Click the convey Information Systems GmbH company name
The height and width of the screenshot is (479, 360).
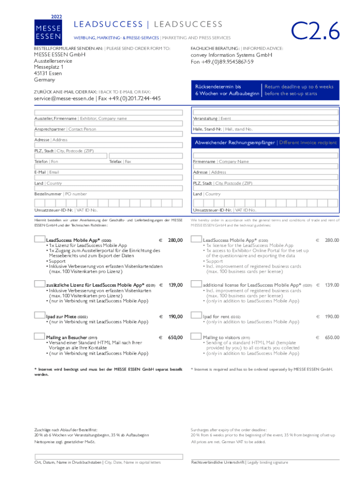(x=231, y=55)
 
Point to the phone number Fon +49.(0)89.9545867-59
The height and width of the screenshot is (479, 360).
(x=222, y=62)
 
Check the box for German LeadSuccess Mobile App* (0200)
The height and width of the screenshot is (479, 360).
(x=40, y=239)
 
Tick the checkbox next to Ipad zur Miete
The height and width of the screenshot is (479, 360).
(x=40, y=316)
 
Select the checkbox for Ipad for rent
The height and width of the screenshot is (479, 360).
(x=196, y=316)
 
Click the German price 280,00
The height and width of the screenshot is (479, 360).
(x=175, y=240)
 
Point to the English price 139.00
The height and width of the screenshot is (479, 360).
(x=332, y=285)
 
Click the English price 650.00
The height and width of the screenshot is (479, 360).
(x=332, y=337)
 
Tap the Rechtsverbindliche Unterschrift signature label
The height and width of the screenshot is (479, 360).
(x=218, y=462)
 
